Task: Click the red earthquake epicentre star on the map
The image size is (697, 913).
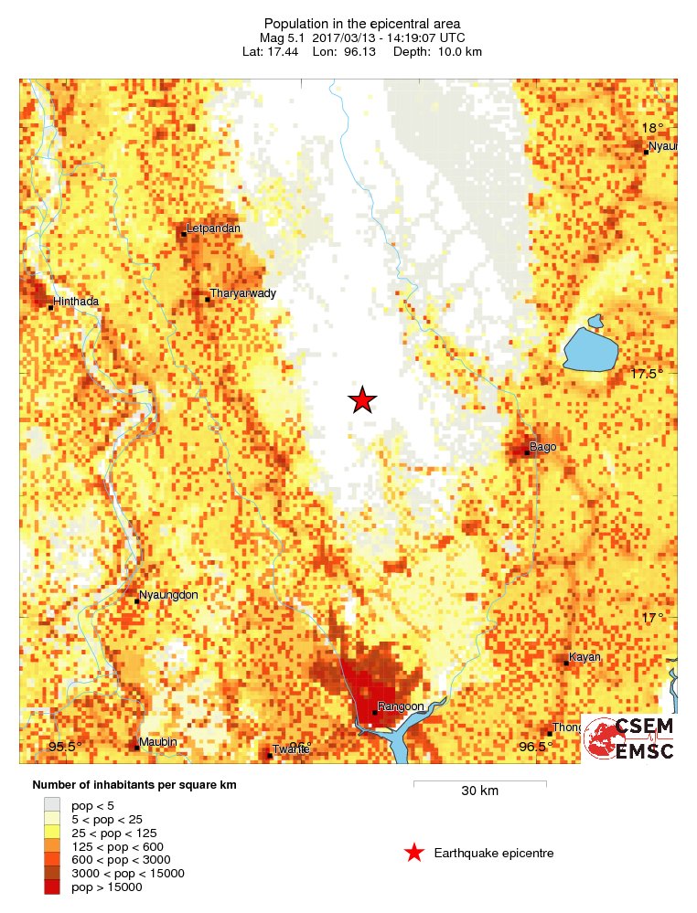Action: (x=363, y=400)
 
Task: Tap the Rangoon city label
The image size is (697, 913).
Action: (x=402, y=706)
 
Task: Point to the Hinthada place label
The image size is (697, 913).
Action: (x=76, y=301)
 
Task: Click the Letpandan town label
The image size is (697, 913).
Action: (x=212, y=228)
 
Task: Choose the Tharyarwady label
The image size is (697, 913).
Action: (x=242, y=293)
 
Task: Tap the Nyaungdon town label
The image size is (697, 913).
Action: (x=168, y=595)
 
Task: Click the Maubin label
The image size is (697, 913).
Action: (x=157, y=742)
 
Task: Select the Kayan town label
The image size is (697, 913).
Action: (x=584, y=657)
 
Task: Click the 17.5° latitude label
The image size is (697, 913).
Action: (x=647, y=374)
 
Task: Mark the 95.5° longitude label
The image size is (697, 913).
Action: (x=65, y=748)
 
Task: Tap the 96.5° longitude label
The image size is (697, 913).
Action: (x=535, y=748)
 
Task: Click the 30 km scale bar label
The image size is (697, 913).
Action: (x=479, y=791)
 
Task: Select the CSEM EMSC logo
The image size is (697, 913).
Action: (x=629, y=738)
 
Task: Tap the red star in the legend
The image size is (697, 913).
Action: (x=414, y=853)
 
